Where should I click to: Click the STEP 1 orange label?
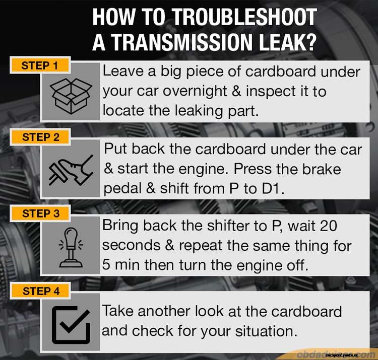pos(40,65)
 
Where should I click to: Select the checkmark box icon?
pos(71,323)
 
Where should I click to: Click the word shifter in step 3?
pos(228,226)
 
